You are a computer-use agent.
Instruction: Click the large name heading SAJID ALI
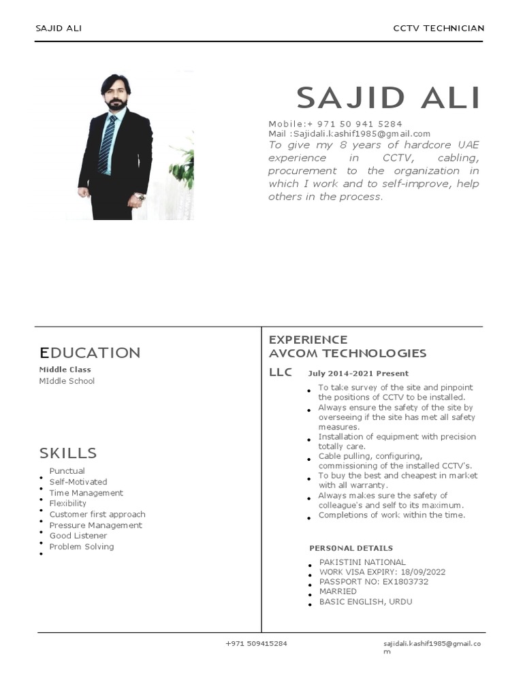pos(388,98)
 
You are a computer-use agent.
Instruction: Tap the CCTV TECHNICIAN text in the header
pos(439,28)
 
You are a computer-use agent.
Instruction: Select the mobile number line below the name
pos(335,124)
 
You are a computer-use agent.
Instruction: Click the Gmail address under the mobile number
pos(349,134)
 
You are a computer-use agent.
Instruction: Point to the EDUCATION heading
pos(90,353)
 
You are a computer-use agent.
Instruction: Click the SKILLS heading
pos(68,453)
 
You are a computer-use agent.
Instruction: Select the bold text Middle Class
pos(65,370)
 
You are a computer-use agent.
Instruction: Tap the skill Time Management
pos(86,493)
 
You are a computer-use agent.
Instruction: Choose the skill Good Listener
pos(78,536)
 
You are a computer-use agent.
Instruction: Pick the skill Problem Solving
pos(82,547)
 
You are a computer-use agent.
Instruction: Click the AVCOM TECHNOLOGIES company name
pos(347,353)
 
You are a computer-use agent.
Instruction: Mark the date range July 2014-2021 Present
pos(358,374)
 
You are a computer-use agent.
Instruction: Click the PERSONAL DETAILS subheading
pos(351,548)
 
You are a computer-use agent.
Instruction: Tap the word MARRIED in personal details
pos(338,591)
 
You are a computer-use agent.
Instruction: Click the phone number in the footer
pos(256,644)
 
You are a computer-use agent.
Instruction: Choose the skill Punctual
pos(67,471)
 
